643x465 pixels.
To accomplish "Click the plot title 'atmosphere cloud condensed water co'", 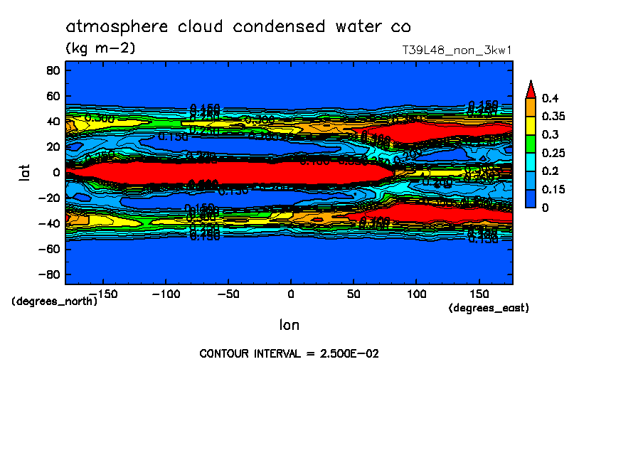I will (x=238, y=27).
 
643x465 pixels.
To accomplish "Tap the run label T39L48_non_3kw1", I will (x=457, y=50).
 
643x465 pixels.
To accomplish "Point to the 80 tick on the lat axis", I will (x=52, y=70).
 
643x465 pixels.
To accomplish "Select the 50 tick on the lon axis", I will (x=354, y=293).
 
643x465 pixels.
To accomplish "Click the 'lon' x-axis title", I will (x=289, y=325).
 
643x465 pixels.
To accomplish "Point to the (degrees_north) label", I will (x=55, y=301).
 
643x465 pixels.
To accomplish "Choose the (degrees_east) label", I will (x=489, y=308).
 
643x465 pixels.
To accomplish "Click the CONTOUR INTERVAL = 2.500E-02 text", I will (x=289, y=353).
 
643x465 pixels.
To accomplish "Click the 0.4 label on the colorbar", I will (x=548, y=97).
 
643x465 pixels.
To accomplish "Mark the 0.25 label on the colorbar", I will (x=552, y=152).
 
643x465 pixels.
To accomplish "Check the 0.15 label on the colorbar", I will (x=552, y=189).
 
